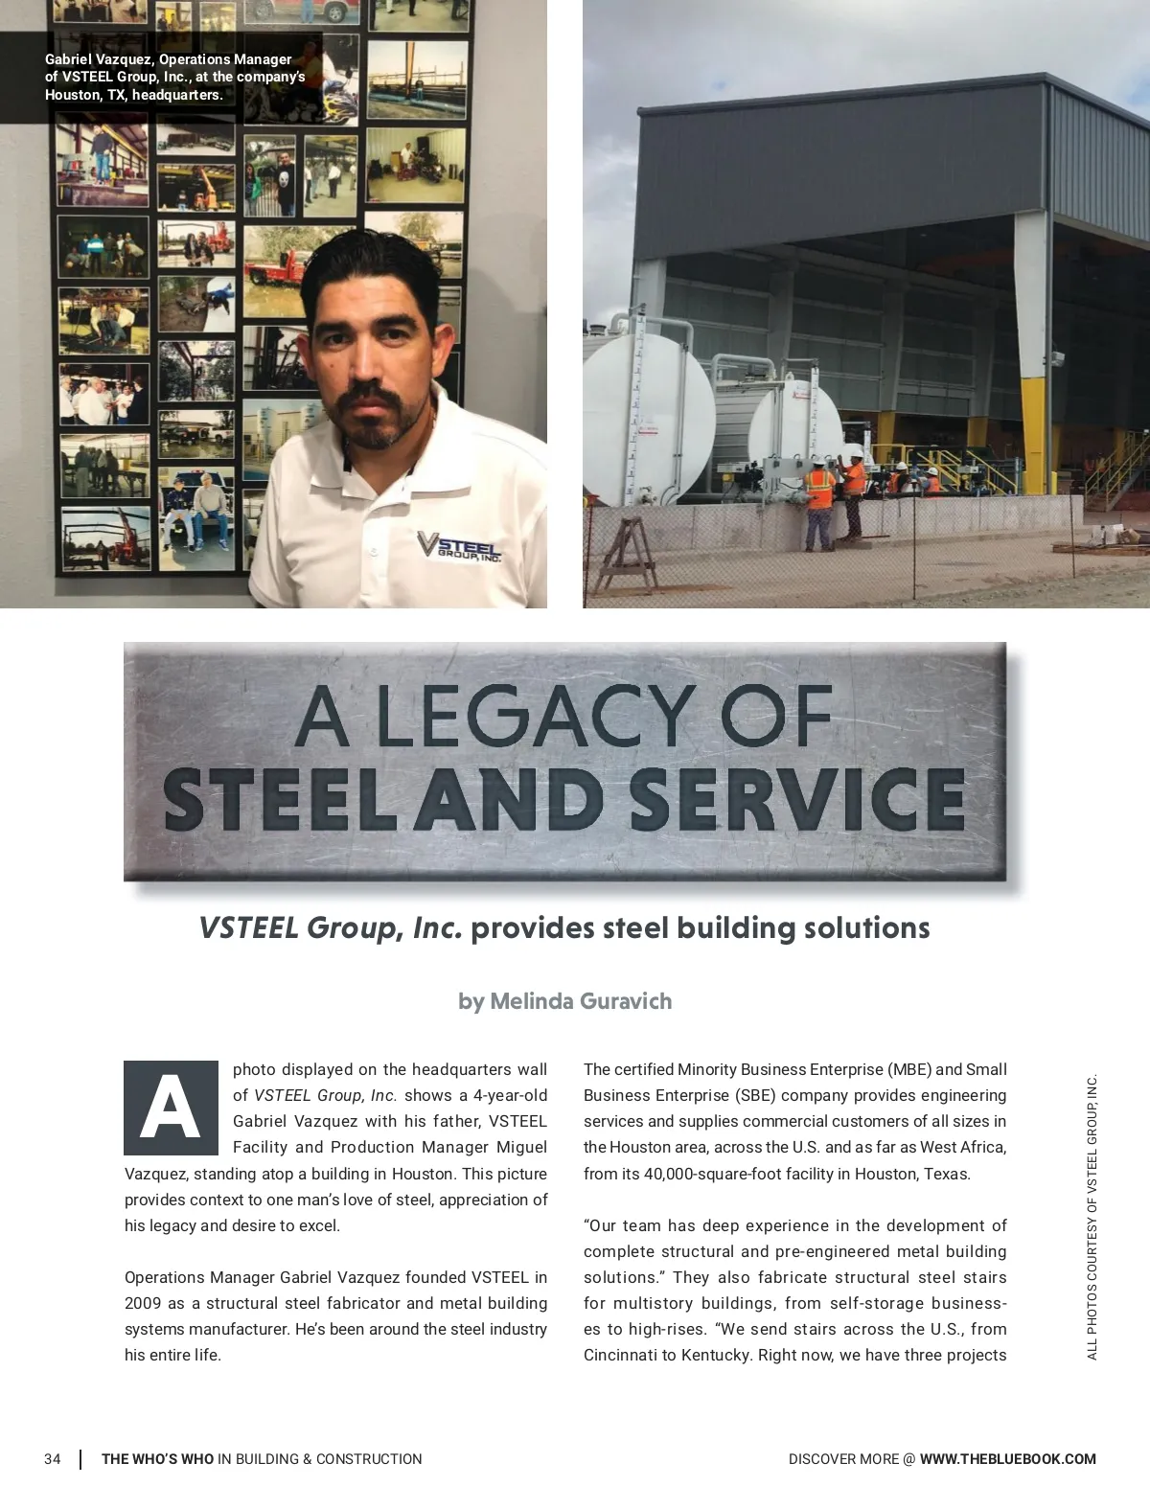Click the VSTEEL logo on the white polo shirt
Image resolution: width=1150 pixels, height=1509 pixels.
click(458, 546)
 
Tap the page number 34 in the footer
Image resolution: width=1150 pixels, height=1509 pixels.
click(53, 1459)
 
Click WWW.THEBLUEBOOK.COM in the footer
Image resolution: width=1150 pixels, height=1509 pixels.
click(1007, 1459)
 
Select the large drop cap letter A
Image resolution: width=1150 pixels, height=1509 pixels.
click(171, 1108)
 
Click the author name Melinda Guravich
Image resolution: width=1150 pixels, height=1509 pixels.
click(581, 1001)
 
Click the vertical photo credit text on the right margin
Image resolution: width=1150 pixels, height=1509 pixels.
click(1092, 1217)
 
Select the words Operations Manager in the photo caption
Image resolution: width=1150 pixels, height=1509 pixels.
click(225, 59)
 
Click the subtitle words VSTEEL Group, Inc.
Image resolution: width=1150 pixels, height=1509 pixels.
click(331, 928)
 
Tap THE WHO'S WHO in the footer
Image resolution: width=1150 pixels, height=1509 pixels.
click(158, 1459)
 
